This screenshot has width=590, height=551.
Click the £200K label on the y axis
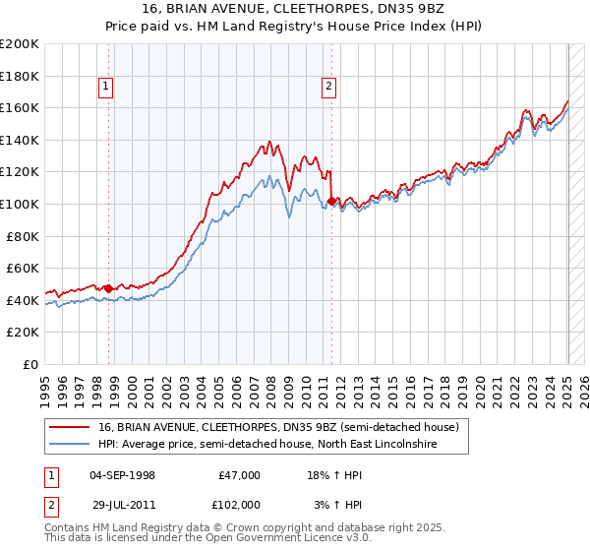coord(20,43)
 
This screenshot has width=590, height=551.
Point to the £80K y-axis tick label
coord(23,236)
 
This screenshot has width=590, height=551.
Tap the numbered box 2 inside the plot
coord(328,87)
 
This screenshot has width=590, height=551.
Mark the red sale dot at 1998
coord(108,288)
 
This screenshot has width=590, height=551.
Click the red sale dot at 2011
coord(331,201)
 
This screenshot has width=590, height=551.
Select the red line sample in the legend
coord(69,427)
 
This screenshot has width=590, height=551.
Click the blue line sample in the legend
coord(69,444)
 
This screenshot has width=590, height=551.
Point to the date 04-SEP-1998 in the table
coord(122,475)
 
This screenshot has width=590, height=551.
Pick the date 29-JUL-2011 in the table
coord(122,503)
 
